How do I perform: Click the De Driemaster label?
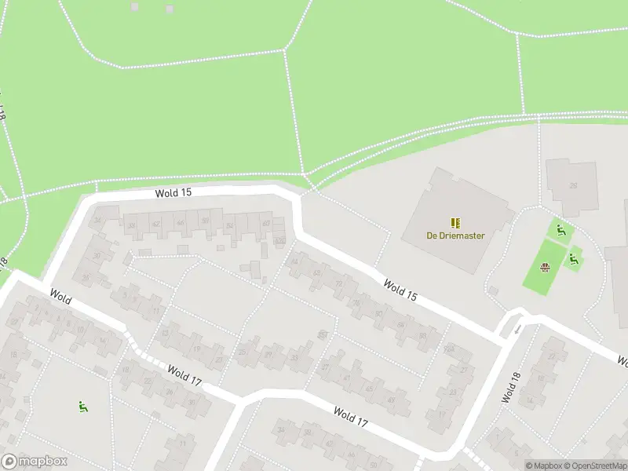(455, 235)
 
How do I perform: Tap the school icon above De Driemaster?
(455, 223)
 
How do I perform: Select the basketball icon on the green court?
(546, 268)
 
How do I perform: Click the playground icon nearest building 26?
(560, 231)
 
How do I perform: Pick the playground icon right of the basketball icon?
(574, 258)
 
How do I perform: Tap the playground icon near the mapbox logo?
(82, 406)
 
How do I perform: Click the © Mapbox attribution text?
(543, 466)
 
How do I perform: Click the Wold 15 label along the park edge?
(173, 192)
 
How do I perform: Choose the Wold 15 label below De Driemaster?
(400, 289)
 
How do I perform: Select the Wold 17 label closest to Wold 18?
(350, 417)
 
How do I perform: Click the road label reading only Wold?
(60, 298)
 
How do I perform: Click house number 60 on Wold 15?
(266, 224)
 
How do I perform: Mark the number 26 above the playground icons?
(572, 186)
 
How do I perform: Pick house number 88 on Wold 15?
(422, 335)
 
